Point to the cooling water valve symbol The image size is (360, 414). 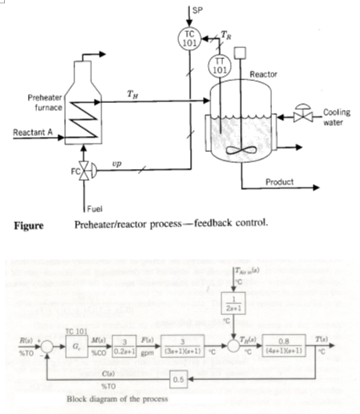[x=299, y=113]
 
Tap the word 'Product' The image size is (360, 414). [x=280, y=182]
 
